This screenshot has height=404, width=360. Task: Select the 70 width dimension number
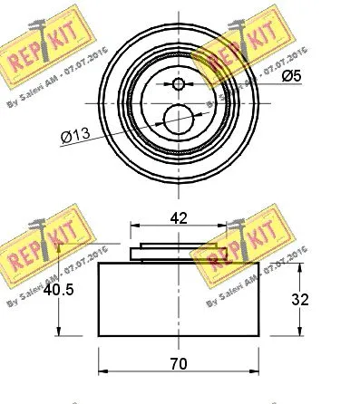[178, 363]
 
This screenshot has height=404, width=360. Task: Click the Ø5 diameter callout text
[290, 76]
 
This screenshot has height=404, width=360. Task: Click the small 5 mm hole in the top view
[178, 84]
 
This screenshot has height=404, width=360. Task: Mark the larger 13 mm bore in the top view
[178, 117]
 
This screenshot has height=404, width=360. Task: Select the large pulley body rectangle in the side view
[178, 299]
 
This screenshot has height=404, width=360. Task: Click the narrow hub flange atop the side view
[178, 253]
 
